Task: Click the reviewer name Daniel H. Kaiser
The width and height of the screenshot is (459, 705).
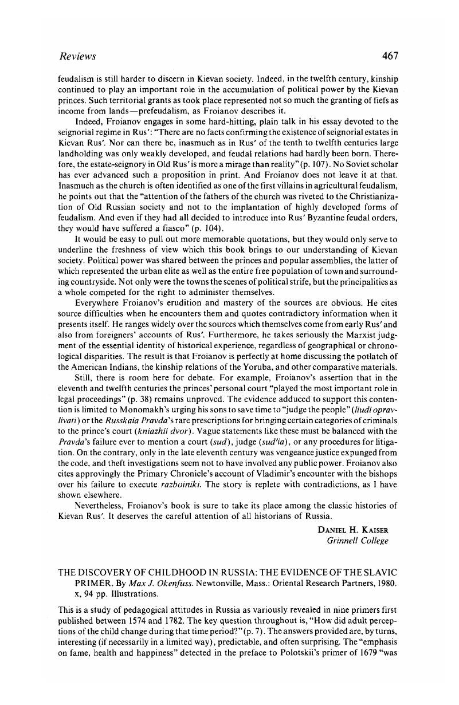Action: coord(353,529)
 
